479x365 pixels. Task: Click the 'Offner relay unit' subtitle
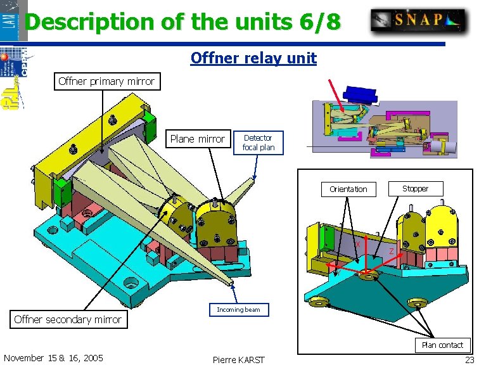(x=253, y=59)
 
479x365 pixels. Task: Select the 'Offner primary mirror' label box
(x=106, y=81)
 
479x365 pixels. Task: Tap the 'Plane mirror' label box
(x=197, y=139)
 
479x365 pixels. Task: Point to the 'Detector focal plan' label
(x=259, y=143)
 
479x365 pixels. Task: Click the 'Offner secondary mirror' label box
(x=68, y=319)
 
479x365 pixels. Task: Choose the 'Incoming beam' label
(x=238, y=310)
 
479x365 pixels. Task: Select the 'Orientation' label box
(x=348, y=189)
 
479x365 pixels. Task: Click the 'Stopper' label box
(x=415, y=188)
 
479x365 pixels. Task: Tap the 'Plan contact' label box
(x=442, y=345)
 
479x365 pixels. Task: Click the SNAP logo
(x=418, y=20)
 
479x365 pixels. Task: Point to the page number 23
(x=469, y=359)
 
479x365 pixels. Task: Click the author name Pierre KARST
(x=239, y=359)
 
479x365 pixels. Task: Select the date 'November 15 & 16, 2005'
(x=53, y=358)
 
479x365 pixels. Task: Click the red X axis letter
(x=358, y=244)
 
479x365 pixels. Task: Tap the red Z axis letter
(x=392, y=252)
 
